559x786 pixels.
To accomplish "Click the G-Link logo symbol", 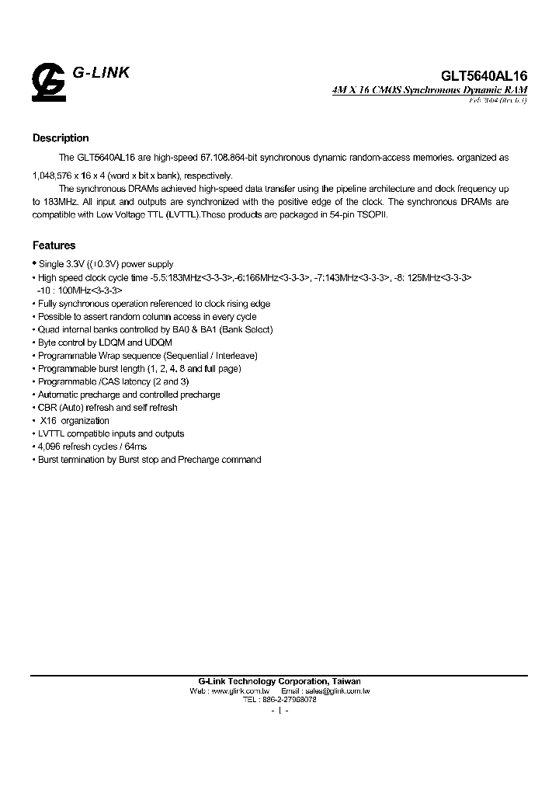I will pos(48,82).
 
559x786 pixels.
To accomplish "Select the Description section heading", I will pos(61,138).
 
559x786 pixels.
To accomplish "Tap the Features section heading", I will pos(54,245).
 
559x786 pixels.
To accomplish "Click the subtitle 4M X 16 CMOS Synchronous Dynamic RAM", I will pos(429,91).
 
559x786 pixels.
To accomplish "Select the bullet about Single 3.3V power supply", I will pos(106,265).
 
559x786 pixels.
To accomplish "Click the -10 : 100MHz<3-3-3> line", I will pos(79,290).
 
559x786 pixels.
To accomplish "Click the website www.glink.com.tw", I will pos(240,690).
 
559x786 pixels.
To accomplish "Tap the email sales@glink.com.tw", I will pos(335,690).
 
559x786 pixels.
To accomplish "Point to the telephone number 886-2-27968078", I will pos(290,699).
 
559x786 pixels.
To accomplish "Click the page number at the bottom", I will pos(279,711).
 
